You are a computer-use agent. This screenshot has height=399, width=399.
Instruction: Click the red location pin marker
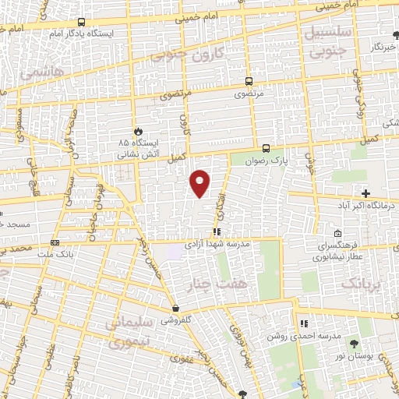201,182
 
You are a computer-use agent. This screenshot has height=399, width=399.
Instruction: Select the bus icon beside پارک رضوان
266,148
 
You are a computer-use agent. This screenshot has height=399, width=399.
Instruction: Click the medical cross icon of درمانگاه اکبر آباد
365,192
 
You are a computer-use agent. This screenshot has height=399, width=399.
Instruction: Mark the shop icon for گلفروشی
177,308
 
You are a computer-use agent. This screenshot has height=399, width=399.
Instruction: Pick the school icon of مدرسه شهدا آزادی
216,231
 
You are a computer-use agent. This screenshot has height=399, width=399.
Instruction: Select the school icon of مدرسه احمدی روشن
304,323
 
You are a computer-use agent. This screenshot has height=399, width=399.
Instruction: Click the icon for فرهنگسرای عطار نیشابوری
337,233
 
